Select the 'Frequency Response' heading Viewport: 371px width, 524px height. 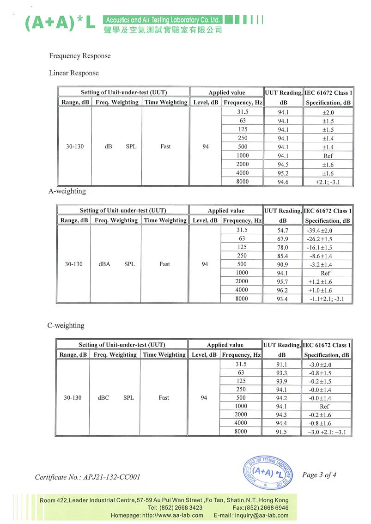point(80,56)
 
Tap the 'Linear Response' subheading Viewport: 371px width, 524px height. point(74,73)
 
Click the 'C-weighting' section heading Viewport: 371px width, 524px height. point(66,325)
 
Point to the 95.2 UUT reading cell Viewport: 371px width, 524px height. point(283,173)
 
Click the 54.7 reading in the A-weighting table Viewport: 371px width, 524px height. point(282,230)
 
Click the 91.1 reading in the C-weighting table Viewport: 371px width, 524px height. point(282,364)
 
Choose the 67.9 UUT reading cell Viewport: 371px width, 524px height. point(282,239)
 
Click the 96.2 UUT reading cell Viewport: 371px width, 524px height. point(282,290)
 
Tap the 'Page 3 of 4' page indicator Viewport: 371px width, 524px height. point(319,475)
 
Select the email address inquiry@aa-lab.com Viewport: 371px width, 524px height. point(262,515)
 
